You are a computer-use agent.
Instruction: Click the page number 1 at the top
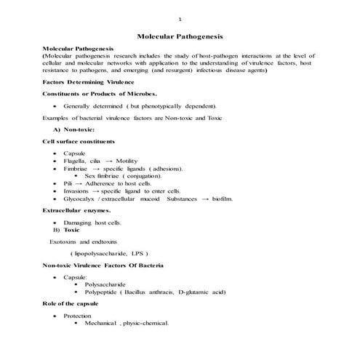[x=180, y=18]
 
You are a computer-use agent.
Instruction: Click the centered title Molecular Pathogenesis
[x=180, y=36]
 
